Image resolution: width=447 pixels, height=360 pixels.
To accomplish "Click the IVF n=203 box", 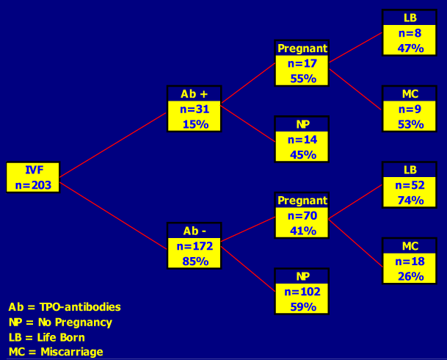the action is coord(33,178).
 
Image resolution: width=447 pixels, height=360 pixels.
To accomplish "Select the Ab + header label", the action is coord(194,94).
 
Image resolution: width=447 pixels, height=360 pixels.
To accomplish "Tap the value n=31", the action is coord(195,109).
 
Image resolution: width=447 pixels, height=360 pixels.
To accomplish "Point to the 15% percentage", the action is coord(195,124).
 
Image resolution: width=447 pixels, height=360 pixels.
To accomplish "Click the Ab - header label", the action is coord(195,231).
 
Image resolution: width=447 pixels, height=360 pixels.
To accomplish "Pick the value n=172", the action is coord(195,246).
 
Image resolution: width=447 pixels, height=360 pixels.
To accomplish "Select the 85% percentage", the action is coord(195,262).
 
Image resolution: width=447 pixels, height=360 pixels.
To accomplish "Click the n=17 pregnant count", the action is coord(302,63).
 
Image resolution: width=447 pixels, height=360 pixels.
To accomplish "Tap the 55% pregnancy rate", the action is coord(303,79).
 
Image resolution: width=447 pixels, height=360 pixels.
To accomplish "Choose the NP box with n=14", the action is coord(302,139).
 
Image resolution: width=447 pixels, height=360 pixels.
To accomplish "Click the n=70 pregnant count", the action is coord(302,216).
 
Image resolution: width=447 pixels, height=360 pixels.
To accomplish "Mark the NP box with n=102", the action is coord(302,291).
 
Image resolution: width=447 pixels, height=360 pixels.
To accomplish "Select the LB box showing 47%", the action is coord(410,32).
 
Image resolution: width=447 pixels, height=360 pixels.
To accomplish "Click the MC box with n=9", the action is coord(410,109).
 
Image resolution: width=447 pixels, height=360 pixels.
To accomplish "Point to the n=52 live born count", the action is coord(410,185).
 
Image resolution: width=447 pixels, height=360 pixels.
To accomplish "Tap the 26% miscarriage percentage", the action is coord(411,276).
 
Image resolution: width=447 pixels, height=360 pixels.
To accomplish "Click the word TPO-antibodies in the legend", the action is coord(80,307).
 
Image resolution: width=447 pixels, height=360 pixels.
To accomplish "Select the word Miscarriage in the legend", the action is coord(72,352).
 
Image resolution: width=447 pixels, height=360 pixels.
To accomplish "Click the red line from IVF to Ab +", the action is coord(113,145).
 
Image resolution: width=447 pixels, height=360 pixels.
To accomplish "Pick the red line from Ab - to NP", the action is coord(248,269).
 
